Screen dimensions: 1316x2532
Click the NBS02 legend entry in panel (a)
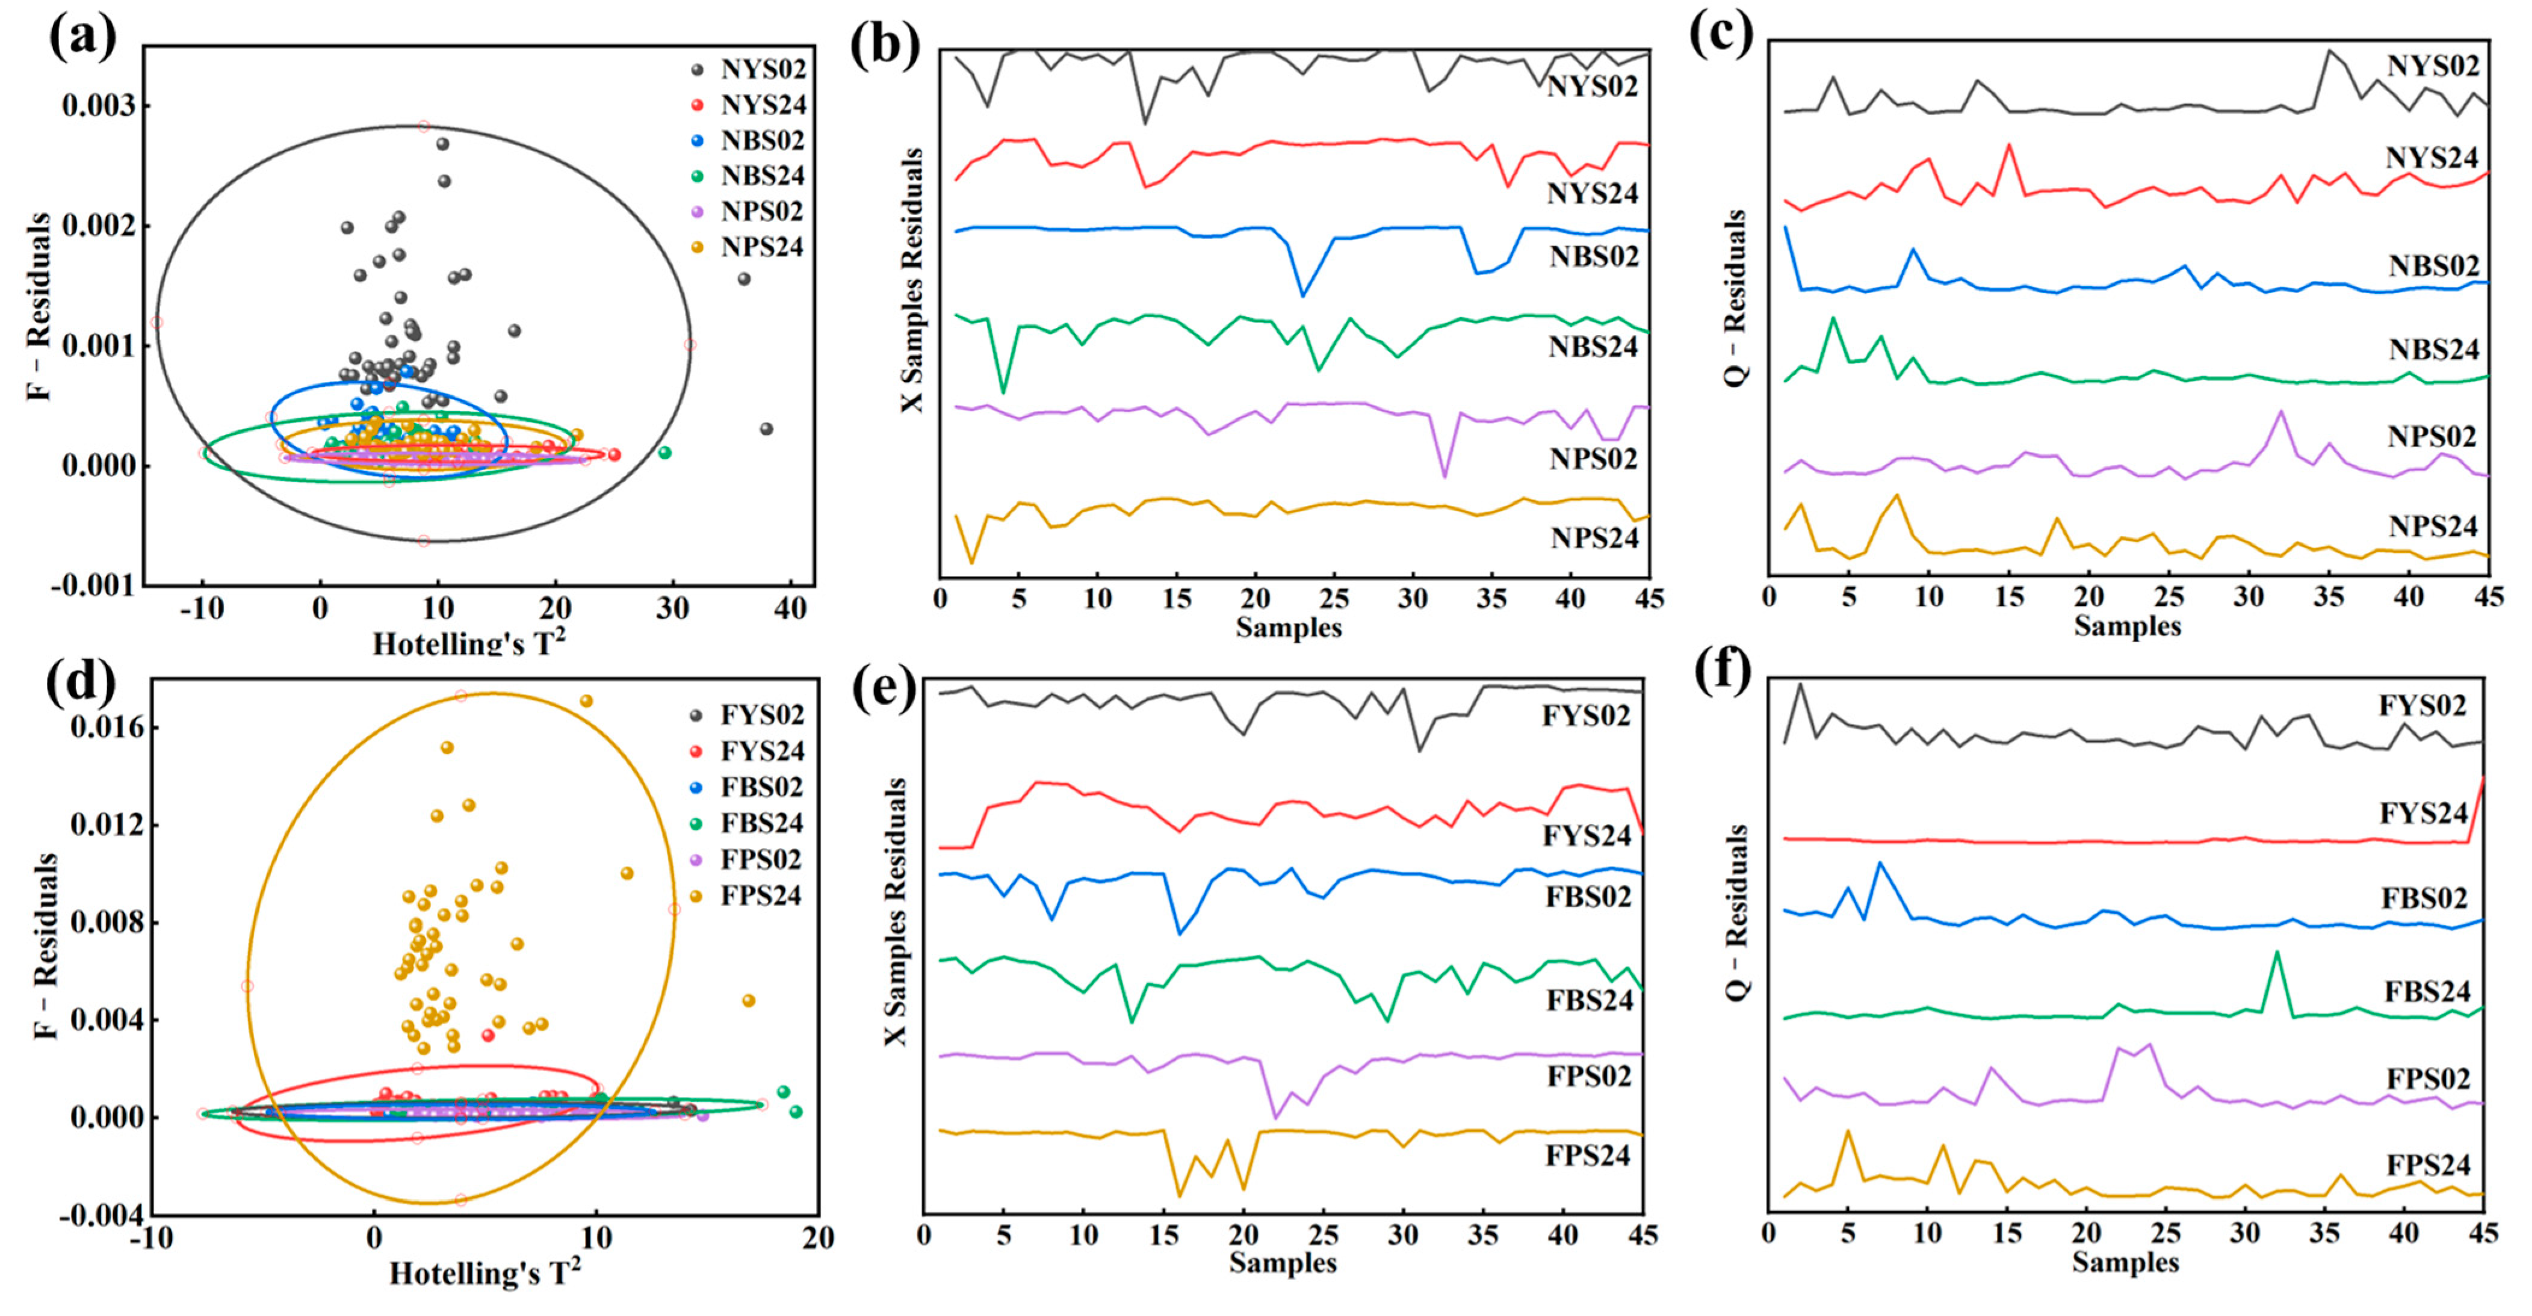(762, 141)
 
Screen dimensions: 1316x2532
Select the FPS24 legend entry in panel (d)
(760, 895)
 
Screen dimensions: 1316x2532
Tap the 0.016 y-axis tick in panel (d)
(106, 728)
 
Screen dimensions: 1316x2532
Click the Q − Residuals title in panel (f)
(1737, 913)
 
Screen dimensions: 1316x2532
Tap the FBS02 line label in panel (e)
(1588, 897)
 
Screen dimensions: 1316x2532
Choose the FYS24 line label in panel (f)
(2423, 814)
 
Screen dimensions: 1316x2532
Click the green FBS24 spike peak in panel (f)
(2276, 951)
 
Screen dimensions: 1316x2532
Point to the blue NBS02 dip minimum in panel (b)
(1302, 295)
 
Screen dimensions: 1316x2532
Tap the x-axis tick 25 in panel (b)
(1334, 599)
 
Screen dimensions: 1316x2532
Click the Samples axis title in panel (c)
(2127, 626)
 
